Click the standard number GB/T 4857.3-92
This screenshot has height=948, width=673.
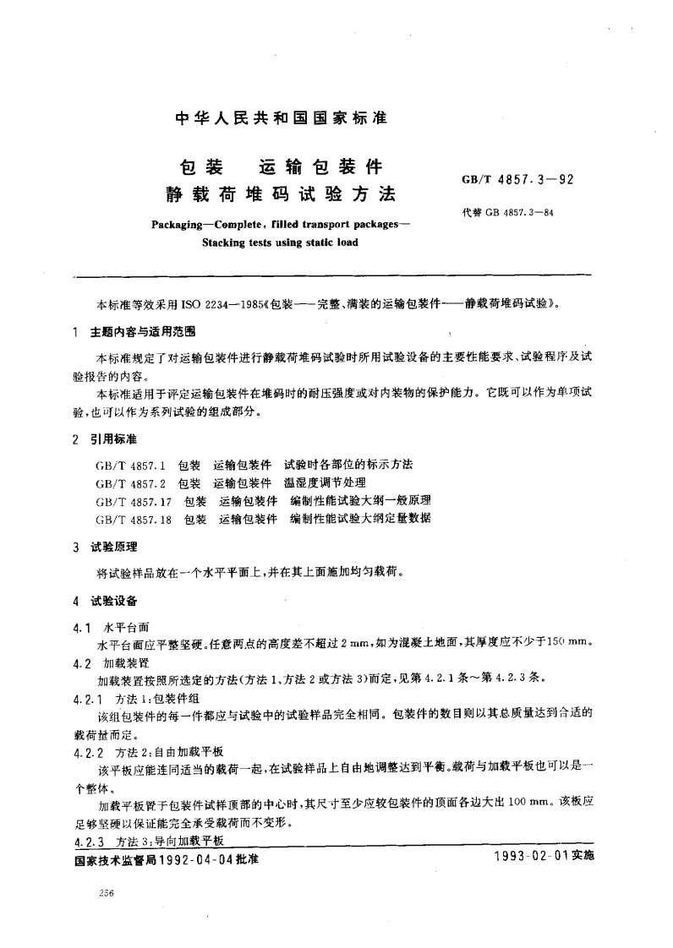pos(517,179)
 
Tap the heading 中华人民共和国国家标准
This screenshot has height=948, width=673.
pos(281,119)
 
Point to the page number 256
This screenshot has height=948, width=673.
pos(107,893)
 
